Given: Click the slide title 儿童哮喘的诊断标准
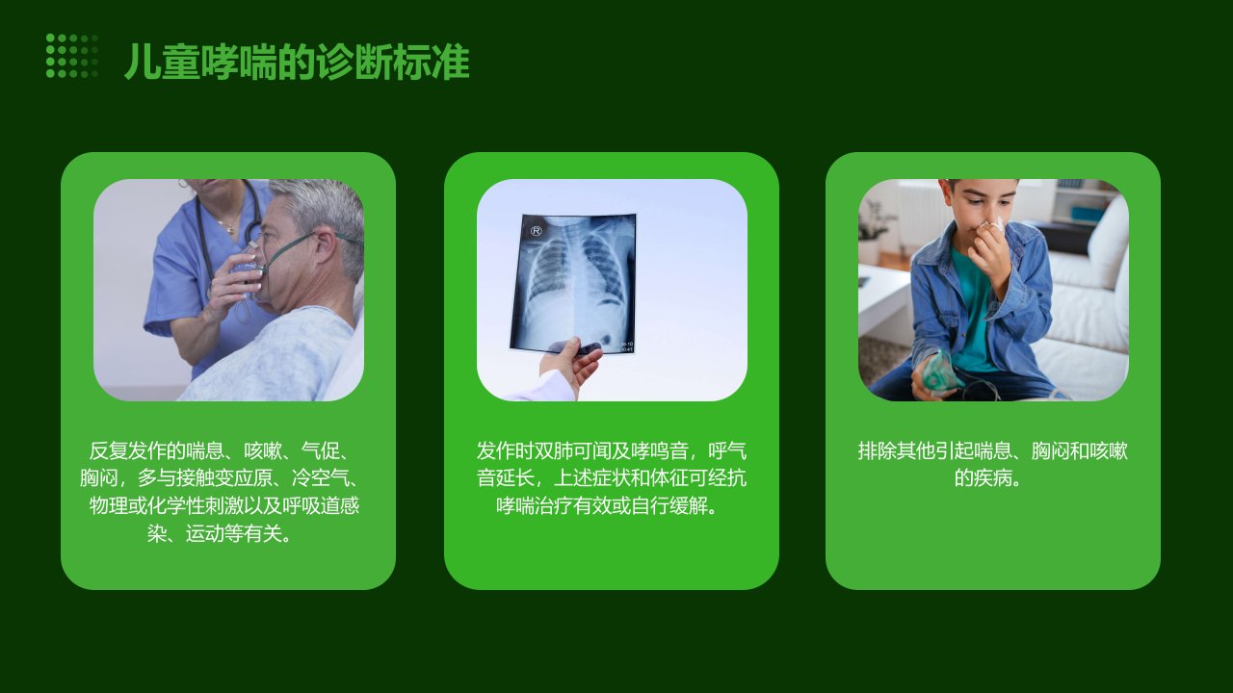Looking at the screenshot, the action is (297, 62).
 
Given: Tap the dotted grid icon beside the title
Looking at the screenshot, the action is (72, 56).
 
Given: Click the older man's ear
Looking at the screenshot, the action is (325, 246).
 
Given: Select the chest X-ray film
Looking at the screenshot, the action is (573, 283).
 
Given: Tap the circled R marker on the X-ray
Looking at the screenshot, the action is (537, 231).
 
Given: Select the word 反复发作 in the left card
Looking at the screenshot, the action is (128, 451).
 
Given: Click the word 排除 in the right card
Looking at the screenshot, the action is (877, 451).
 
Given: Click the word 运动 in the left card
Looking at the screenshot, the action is (205, 533).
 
